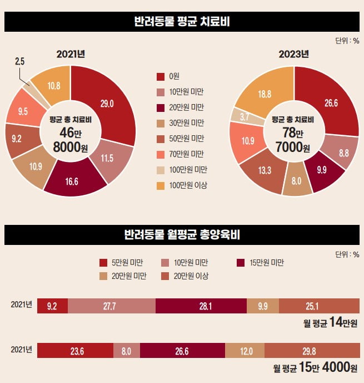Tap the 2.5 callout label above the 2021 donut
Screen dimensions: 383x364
[19, 62]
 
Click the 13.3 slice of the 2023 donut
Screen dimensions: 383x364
[261, 169]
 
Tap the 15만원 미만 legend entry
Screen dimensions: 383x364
[261, 262]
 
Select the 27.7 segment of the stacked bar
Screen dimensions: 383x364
[112, 306]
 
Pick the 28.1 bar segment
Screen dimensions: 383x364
[201, 306]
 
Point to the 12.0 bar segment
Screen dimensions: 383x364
[245, 351]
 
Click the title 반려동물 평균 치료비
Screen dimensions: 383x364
[182, 22]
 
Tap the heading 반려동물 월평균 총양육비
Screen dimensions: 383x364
[182, 235]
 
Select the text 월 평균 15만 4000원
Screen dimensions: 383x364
[315, 368]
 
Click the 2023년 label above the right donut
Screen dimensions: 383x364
[293, 55]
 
